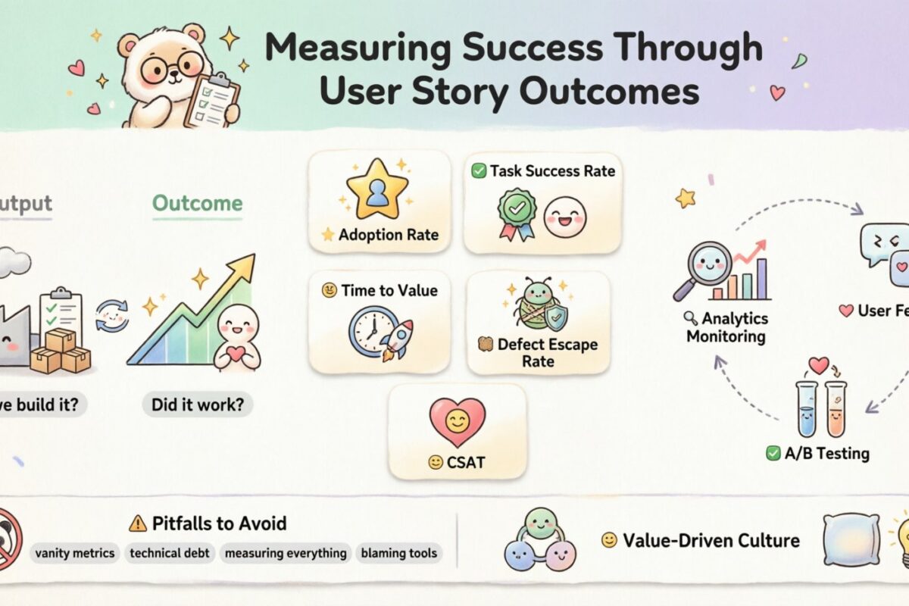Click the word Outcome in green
point(197,203)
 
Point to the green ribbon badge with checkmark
point(516,211)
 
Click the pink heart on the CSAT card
point(457,421)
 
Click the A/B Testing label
point(826,454)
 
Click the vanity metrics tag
point(74,553)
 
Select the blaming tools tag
point(398,553)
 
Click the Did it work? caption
point(197,404)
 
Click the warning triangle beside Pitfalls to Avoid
point(137,523)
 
